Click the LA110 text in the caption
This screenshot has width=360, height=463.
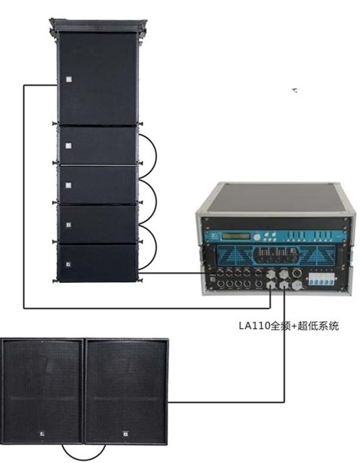coord(254,326)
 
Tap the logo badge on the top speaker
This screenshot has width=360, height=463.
coord(69,79)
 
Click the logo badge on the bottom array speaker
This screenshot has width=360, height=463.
coord(68,264)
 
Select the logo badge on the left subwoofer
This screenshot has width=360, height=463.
coord(42,433)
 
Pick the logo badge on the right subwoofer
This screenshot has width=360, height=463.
coord(125,433)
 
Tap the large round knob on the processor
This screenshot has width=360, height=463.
coord(257,237)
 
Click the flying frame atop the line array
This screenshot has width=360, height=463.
coord(98,26)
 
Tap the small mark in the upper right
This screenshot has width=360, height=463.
coord(294,91)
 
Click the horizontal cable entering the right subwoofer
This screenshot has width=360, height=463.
coord(226,402)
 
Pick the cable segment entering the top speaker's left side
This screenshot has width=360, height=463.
coord(40,86)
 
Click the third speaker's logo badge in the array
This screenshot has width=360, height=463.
coord(68,186)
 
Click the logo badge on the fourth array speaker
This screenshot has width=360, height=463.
coord(68,225)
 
